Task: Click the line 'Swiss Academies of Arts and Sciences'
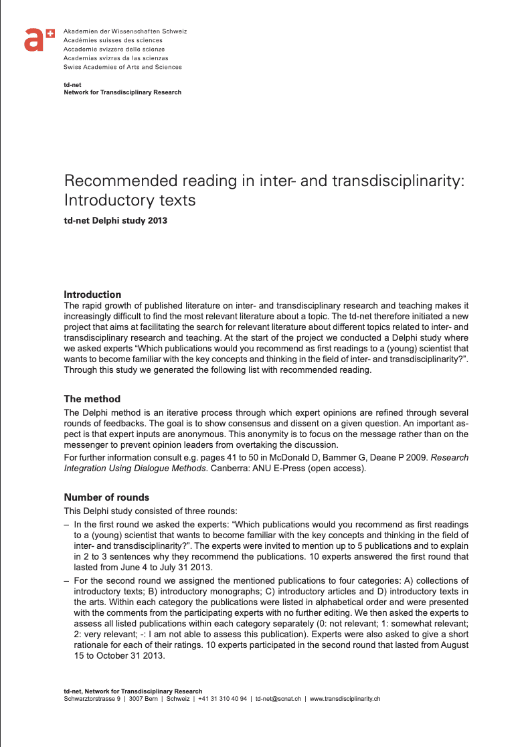(122, 67)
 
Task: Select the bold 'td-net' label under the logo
(72, 86)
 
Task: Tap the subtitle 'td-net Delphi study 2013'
(115, 220)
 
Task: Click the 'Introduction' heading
(92, 295)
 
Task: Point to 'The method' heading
(92, 400)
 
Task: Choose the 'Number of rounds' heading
(106, 497)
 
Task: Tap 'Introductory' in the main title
(108, 200)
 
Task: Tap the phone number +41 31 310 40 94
(223, 699)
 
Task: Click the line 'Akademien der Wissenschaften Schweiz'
(125, 31)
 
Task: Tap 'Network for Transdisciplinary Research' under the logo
(122, 92)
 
